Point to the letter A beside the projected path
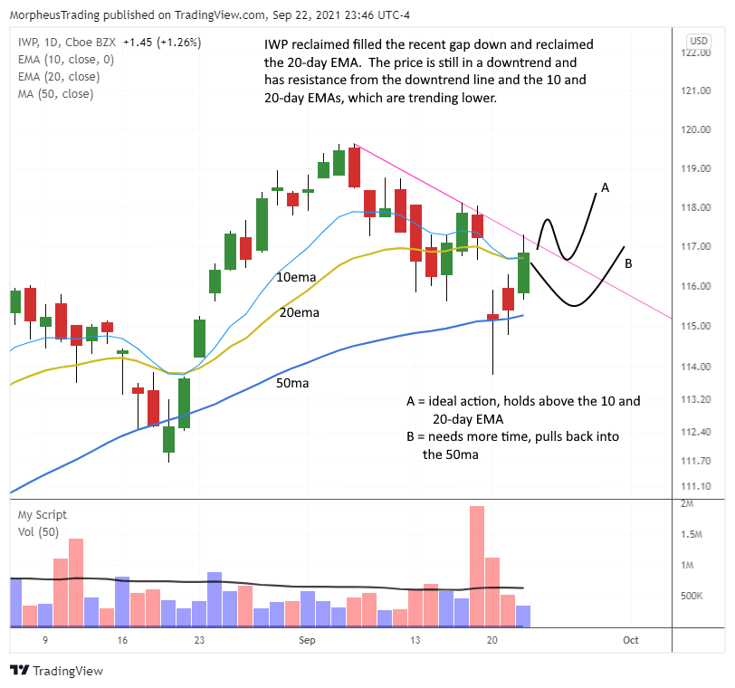click(x=605, y=187)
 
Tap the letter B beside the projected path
click(x=627, y=263)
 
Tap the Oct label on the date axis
click(x=630, y=640)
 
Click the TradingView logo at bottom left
click(x=56, y=671)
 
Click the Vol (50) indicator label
click(x=38, y=531)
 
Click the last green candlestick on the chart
click(x=523, y=273)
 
